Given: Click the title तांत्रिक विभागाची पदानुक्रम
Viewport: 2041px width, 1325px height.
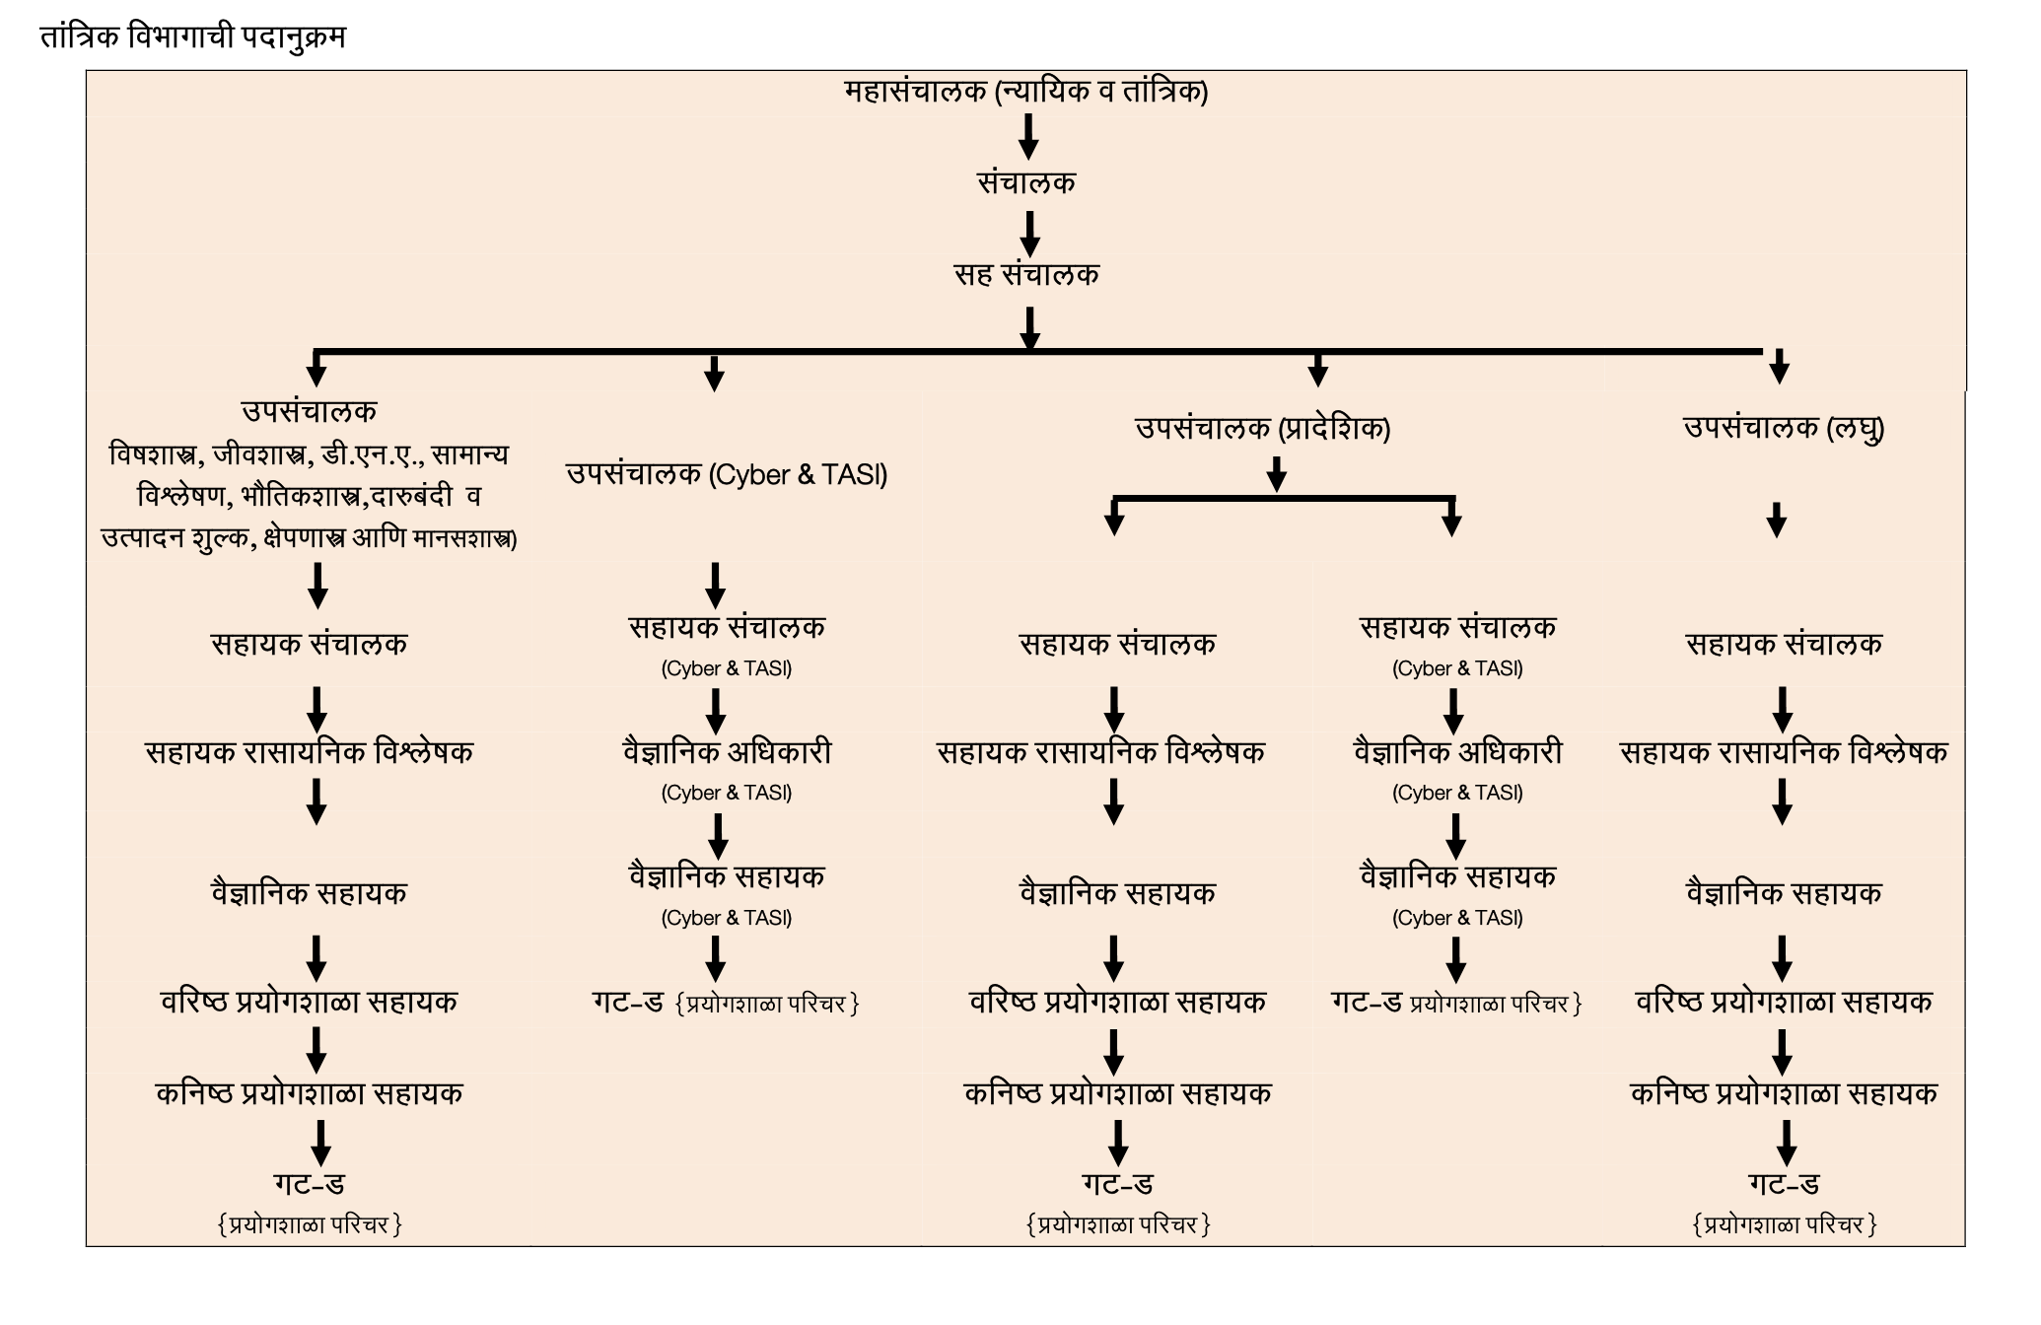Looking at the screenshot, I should coord(192,37).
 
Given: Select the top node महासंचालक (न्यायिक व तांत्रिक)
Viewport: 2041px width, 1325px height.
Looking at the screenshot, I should coord(1026,92).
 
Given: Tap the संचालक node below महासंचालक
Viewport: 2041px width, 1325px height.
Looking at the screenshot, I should coord(1026,182).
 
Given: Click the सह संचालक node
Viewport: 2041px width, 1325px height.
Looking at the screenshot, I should coord(1026,274).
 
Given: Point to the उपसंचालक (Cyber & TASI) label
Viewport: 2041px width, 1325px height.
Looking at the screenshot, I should coord(727,475).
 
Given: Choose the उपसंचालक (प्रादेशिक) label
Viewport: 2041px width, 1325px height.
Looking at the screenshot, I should coord(1262,429).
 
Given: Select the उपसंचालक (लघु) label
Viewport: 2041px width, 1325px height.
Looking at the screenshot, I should coord(1784,428).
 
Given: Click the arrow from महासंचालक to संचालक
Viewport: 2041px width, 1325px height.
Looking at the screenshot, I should coord(1028,136).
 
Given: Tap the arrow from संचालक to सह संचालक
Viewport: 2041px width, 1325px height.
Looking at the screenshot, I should coord(1029,234).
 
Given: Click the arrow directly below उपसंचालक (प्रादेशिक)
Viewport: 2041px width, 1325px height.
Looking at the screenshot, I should coord(1277,473).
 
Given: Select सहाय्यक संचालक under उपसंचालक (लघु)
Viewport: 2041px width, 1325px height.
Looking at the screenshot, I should coord(1784,645).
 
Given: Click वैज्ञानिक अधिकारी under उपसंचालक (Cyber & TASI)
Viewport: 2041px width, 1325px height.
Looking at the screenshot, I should coord(727,753).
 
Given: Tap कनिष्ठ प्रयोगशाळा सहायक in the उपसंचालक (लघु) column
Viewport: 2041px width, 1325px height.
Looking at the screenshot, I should coord(1784,1093).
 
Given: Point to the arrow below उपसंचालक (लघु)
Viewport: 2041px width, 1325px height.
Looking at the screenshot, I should coord(1777,520).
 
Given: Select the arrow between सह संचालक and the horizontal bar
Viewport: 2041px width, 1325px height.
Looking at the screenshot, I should coord(1029,328).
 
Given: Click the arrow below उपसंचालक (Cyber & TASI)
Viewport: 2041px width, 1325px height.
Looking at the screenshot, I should coord(716,585).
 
